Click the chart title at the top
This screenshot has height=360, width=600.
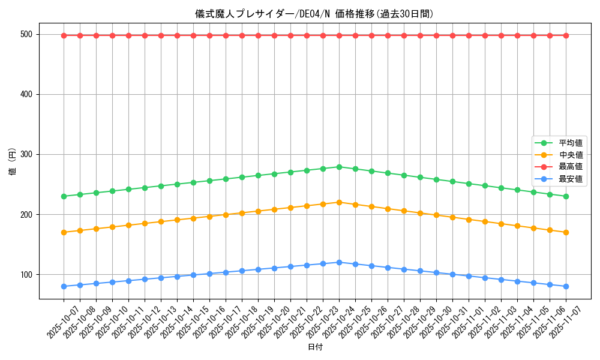(314, 14)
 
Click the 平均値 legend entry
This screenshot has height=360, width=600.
(571, 143)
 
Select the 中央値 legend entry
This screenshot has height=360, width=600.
(571, 155)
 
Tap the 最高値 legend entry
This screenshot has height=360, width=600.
(571, 167)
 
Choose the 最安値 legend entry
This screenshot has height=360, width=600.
(571, 179)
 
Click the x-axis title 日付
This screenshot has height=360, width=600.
(314, 347)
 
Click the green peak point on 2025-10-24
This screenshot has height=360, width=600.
(339, 167)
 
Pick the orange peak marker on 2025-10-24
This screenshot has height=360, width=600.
(339, 202)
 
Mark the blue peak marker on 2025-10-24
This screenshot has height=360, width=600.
(339, 262)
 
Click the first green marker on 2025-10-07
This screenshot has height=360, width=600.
(64, 196)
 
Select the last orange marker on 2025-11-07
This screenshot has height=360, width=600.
(566, 232)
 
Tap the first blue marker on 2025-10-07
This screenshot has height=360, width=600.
(64, 286)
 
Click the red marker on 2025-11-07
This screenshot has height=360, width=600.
(566, 35)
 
